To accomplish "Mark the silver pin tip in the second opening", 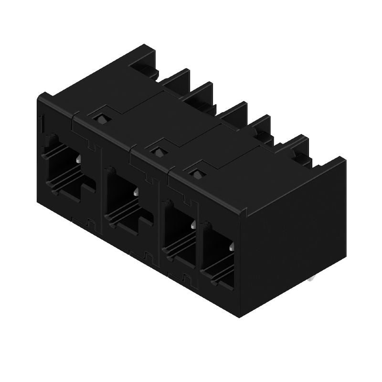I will point(137,192).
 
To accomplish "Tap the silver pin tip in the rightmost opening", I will point(231,247).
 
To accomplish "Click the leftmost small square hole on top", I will point(100,117).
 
